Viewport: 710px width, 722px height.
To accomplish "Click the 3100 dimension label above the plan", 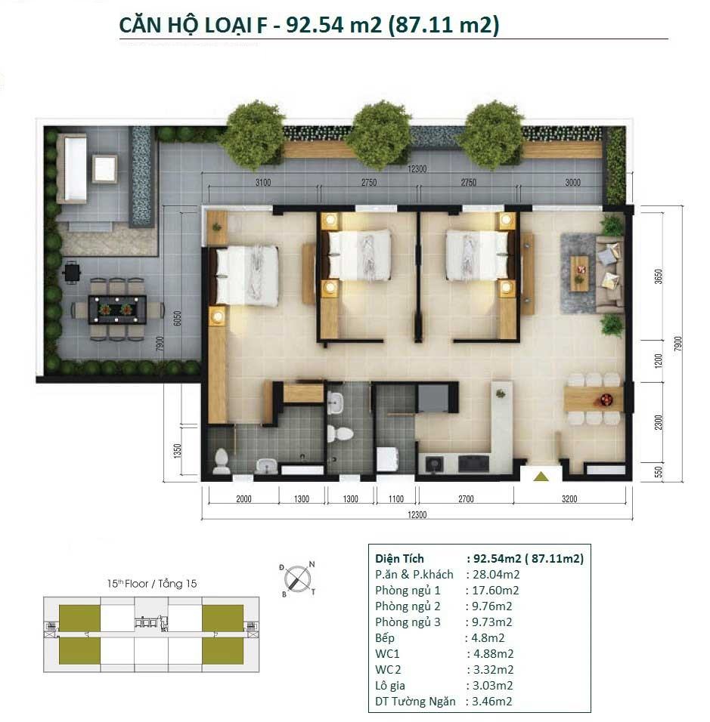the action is pos(263,182).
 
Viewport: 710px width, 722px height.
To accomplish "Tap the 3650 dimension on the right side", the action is pos(659,276).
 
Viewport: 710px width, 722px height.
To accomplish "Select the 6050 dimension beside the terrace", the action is pos(178,318).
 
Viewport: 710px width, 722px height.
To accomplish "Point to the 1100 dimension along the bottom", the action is pos(395,498).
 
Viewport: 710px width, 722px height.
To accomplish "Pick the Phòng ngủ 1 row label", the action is pos(408,591).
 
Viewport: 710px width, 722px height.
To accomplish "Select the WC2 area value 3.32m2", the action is pos(493,669).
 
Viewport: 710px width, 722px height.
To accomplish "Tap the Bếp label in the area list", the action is pos(385,637).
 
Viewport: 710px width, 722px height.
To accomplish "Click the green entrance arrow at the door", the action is pos(541,476).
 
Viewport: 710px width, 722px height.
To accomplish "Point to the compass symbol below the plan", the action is pos(297,579).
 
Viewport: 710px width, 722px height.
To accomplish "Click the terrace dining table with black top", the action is pos(117,310).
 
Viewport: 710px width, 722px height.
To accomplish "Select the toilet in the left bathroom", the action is pos(222,461).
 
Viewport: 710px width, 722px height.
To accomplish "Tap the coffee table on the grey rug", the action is pos(579,273).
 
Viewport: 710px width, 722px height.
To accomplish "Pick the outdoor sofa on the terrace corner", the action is pos(72,168).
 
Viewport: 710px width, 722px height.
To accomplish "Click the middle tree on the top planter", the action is pos(381,134).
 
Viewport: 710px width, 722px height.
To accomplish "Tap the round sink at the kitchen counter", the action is pos(433,464).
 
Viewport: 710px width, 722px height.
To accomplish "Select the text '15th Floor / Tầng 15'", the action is pos(152,583).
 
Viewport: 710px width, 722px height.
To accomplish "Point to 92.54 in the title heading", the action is pos(315,24).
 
